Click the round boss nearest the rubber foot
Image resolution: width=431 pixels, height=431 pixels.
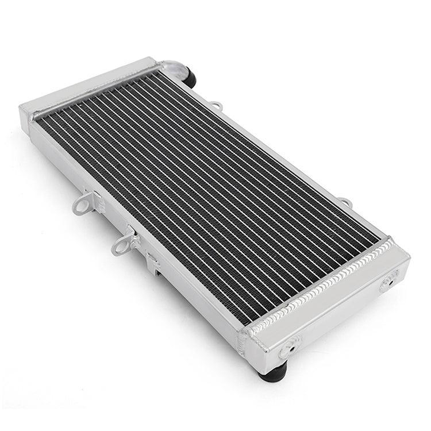pos(288,346)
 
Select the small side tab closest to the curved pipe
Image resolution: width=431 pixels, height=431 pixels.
pos(216,106)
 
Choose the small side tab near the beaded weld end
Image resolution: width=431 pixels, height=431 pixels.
pos(345,202)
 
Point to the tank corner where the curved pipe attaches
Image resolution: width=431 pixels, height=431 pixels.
pos(153,63)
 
